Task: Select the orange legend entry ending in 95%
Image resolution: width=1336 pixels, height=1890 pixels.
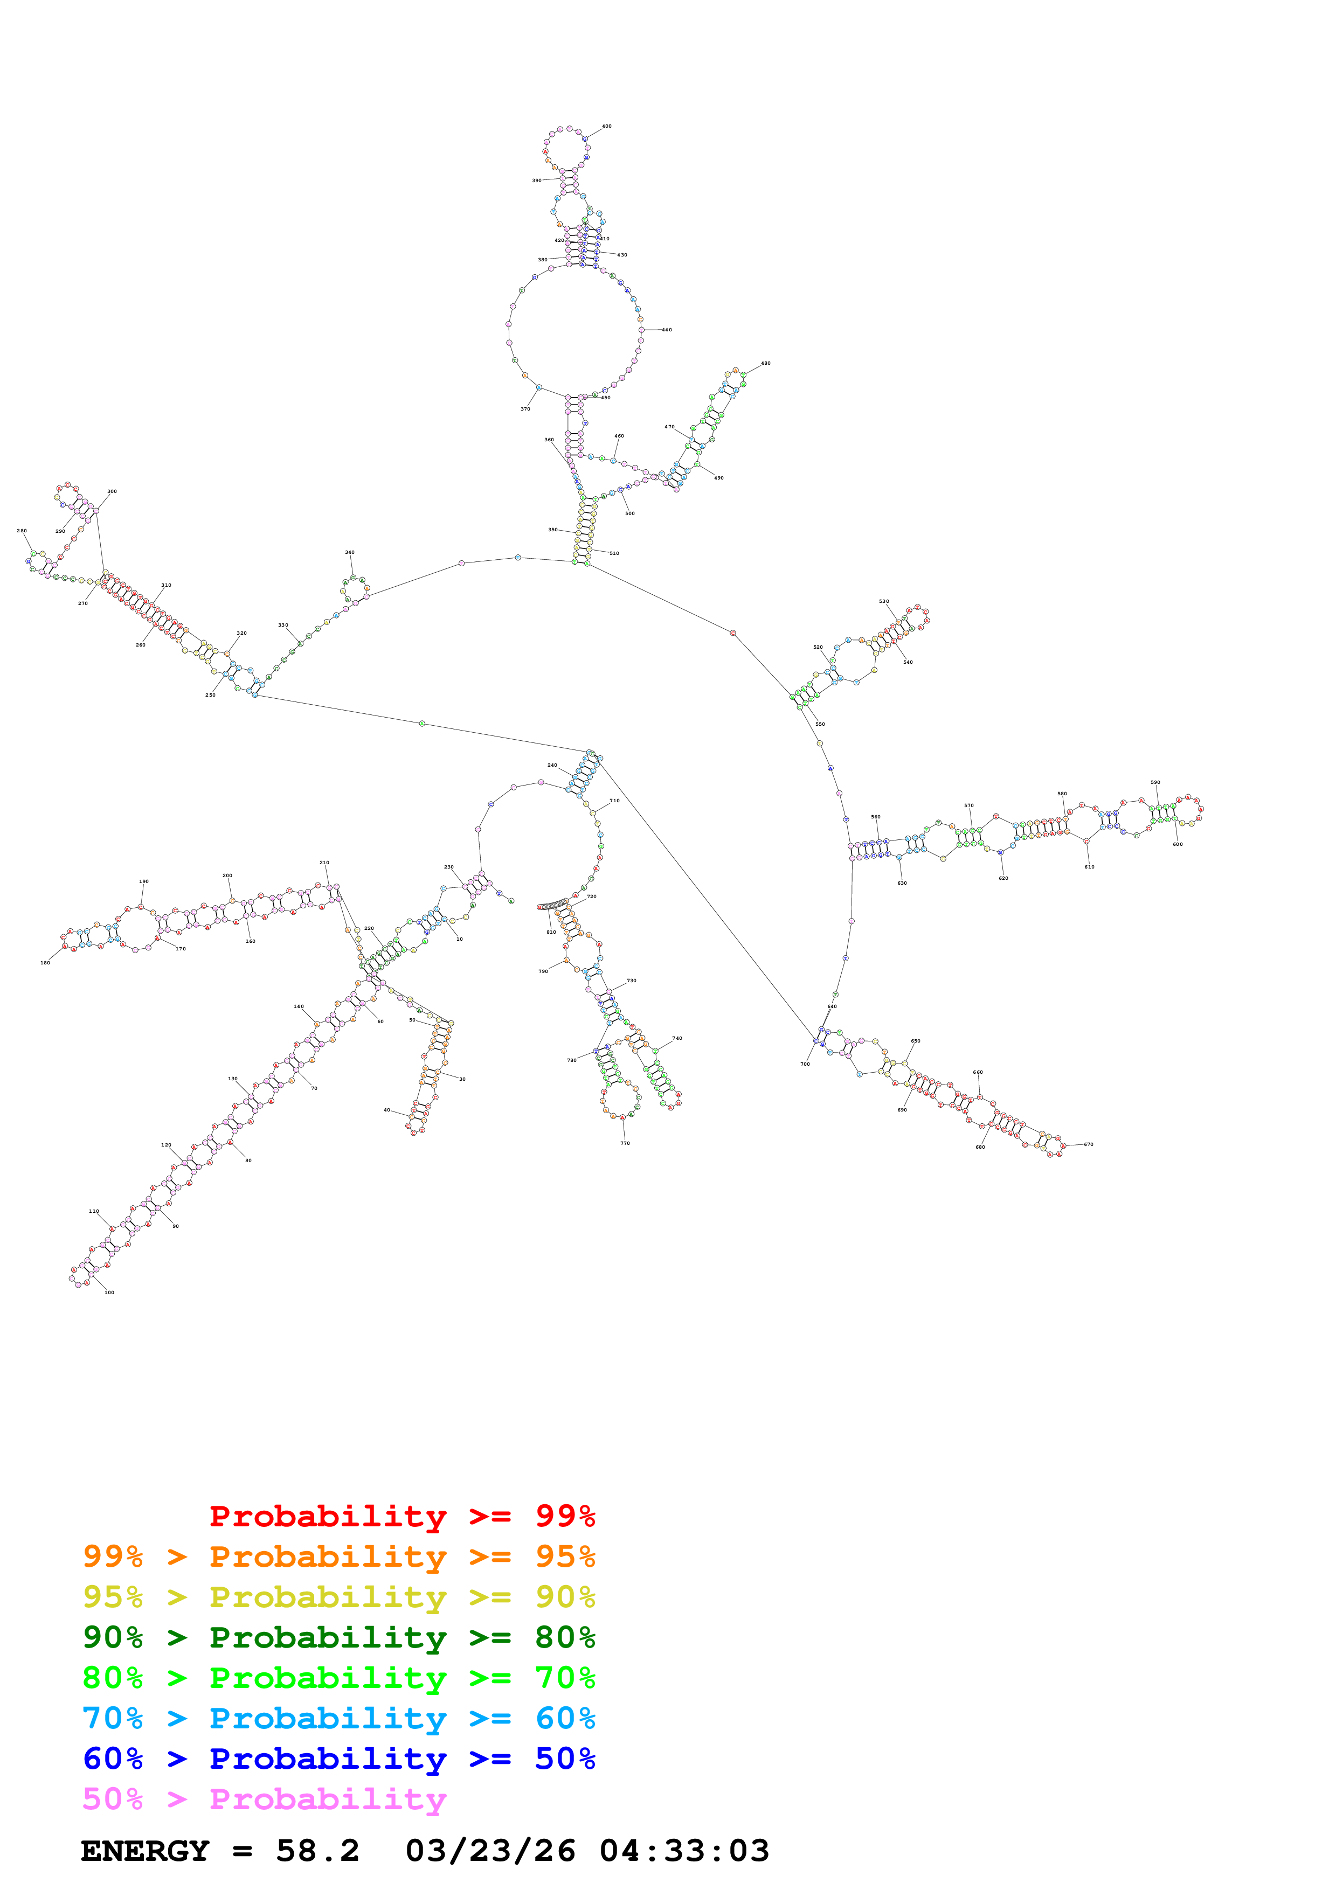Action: click(338, 1557)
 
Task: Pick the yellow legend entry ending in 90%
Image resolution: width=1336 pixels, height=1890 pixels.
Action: click(338, 1597)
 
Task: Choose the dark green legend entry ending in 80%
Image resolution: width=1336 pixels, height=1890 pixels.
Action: click(338, 1637)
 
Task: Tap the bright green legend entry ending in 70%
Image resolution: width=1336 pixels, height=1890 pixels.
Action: click(338, 1678)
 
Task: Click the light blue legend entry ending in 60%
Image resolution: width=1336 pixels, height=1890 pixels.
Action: click(338, 1718)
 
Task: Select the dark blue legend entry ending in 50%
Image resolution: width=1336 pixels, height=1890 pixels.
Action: click(338, 1759)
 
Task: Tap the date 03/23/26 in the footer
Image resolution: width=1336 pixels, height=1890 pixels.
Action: click(490, 1851)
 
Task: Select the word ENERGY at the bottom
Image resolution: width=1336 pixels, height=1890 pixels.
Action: click(145, 1851)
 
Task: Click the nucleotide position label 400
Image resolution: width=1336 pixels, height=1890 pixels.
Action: click(607, 127)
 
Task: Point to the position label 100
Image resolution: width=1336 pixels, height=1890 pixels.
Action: click(109, 1293)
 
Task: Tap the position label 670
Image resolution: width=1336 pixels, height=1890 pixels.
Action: click(1088, 1144)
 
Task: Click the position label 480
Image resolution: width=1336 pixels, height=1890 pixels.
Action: click(765, 363)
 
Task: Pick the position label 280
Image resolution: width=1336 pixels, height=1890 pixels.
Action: click(22, 531)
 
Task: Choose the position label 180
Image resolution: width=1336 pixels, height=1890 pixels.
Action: click(45, 962)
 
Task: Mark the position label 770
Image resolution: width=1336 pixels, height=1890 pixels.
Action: click(625, 1143)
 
